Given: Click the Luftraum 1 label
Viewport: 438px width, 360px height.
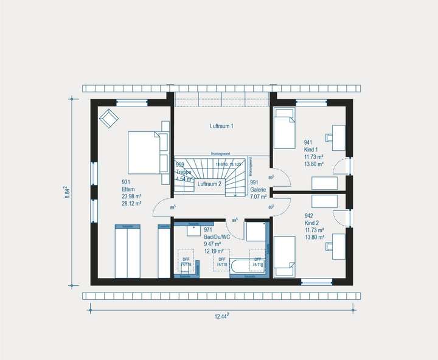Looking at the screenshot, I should pos(221,126).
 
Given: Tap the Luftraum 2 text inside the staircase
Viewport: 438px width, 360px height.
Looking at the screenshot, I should pos(210,184).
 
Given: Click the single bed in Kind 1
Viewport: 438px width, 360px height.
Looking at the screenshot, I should pos(284,128).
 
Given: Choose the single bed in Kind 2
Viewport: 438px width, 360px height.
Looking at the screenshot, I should pos(284,256).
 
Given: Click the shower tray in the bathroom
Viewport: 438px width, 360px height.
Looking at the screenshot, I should pos(254,231).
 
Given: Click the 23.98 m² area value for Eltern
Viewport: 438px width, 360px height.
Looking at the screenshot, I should pos(131,196).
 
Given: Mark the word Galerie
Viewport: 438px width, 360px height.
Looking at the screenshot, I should pos(259,189).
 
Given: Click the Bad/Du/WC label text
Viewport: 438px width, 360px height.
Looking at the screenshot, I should pos(217,237).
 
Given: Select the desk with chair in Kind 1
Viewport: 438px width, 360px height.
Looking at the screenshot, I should pos(337,137).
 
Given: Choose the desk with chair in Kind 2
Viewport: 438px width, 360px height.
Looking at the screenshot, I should pos(337,246).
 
